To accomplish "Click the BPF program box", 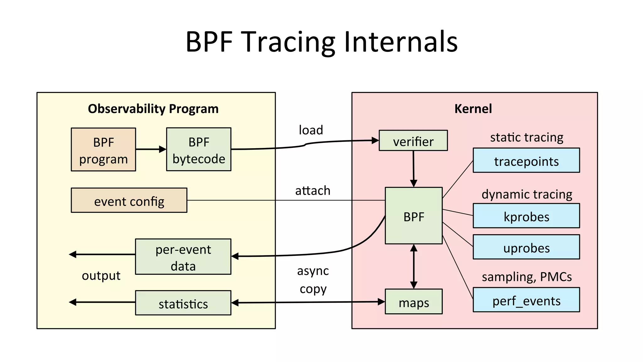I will pyautogui.click(x=103, y=149).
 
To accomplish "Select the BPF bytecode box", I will pyautogui.click(x=198, y=149).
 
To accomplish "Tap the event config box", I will pyautogui.click(x=129, y=200).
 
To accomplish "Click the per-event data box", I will pyautogui.click(x=183, y=257).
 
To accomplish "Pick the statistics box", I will pyautogui.click(x=183, y=303).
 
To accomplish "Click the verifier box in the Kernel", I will pyautogui.click(x=413, y=141).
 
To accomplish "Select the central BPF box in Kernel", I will pyautogui.click(x=413, y=216).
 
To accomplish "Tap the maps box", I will pyautogui.click(x=413, y=302).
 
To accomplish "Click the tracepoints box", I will pyautogui.click(x=526, y=160).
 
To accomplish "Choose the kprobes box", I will pyautogui.click(x=526, y=216).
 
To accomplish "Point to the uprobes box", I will pyautogui.click(x=526, y=247).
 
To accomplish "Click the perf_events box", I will pyautogui.click(x=526, y=300).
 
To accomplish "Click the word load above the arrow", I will pyautogui.click(x=311, y=130).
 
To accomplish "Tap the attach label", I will pyautogui.click(x=313, y=191).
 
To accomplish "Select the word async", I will pyautogui.click(x=313, y=271).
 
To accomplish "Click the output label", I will pyautogui.click(x=101, y=276).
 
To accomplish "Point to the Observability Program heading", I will pyautogui.click(x=153, y=109).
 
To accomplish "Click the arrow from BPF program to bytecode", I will pyautogui.click(x=151, y=149).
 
